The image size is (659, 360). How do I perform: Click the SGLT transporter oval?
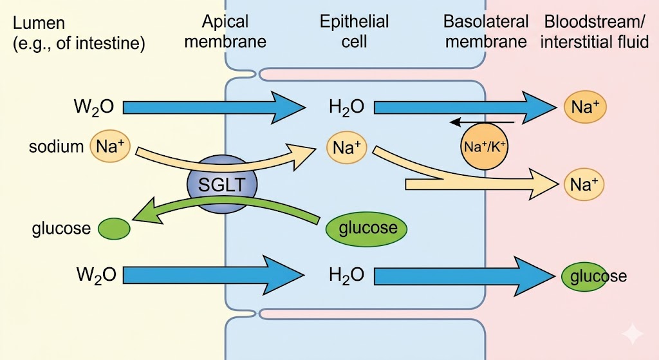(222, 185)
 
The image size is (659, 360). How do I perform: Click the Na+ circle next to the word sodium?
(110, 146)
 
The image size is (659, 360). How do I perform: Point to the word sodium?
(56, 147)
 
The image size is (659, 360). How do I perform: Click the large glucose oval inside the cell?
(367, 228)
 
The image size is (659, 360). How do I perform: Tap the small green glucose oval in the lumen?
(114, 228)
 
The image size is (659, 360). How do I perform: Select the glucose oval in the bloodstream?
(584, 276)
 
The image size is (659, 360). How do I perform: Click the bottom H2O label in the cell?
(346, 276)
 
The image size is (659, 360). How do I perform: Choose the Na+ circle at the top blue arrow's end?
(585, 107)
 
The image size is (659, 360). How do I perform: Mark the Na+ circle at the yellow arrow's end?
(585, 185)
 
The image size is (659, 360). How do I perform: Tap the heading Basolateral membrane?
(486, 32)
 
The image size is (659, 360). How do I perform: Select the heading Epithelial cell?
(354, 32)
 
